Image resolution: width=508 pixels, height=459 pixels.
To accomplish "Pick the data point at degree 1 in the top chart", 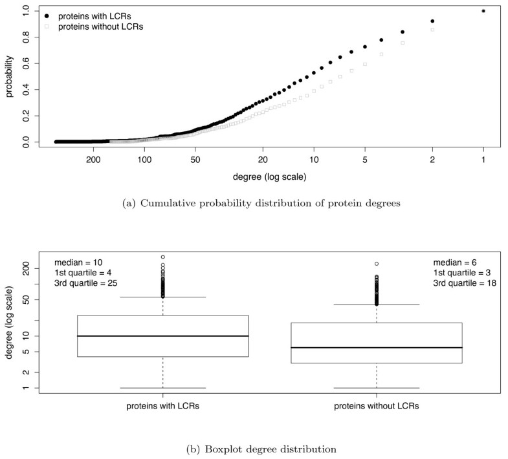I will tap(483, 11).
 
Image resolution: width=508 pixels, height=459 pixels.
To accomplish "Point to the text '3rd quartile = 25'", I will tap(89, 284).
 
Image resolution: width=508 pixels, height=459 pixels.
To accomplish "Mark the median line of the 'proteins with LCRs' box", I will tap(162, 336).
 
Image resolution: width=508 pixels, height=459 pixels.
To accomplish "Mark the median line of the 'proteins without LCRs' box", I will tap(377, 348).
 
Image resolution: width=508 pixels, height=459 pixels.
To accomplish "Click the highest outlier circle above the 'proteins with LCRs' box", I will tap(162, 257).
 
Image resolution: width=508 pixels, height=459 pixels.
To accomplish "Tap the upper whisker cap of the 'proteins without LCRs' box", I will tap(377, 304).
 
